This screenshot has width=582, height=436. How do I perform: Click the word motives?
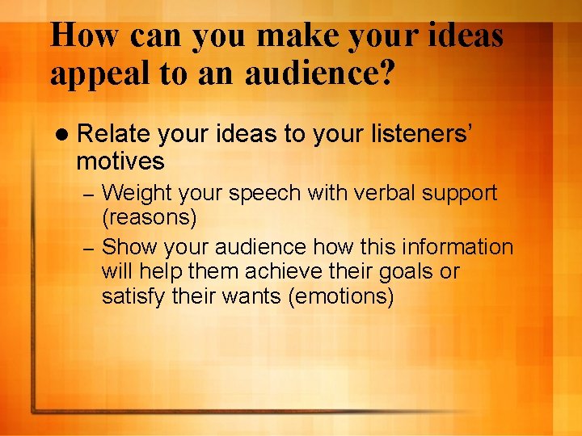[120, 161]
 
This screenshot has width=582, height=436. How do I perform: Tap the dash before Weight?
[91, 195]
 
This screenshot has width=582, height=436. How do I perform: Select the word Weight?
[138, 194]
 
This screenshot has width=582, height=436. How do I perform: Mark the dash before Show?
[91, 247]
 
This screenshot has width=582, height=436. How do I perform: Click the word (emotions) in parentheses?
[340, 296]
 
